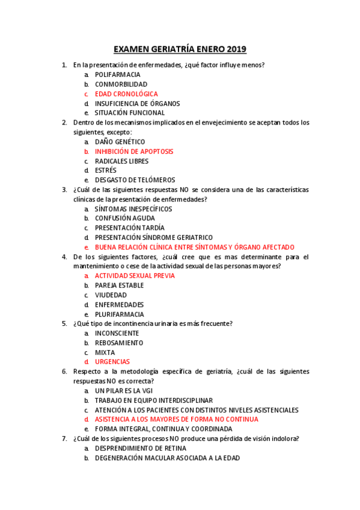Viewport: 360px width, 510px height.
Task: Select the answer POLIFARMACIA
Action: coord(118,75)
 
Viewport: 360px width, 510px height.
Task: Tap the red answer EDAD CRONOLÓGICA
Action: coord(126,94)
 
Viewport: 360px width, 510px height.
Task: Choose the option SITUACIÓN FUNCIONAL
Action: coord(130,113)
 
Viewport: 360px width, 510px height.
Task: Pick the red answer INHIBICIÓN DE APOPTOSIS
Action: coord(134,152)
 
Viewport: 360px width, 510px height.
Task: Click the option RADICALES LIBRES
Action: coord(122,161)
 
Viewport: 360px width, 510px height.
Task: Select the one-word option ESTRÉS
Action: coord(106,171)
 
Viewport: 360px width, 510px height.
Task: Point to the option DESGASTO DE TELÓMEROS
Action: coord(135,180)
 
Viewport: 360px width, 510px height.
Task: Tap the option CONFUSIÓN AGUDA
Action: coord(125,218)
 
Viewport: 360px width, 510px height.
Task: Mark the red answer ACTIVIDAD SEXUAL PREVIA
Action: coord(135,276)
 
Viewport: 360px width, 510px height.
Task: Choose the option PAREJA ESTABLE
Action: coord(120,286)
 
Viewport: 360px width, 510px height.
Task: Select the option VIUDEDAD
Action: coord(111,295)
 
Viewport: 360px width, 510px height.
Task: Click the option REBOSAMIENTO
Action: coord(119,343)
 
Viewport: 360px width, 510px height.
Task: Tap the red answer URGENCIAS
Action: coord(112,362)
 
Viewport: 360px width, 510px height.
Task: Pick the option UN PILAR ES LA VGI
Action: coord(124,391)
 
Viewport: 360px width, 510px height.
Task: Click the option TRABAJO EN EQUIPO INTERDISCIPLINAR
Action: coord(154,401)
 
